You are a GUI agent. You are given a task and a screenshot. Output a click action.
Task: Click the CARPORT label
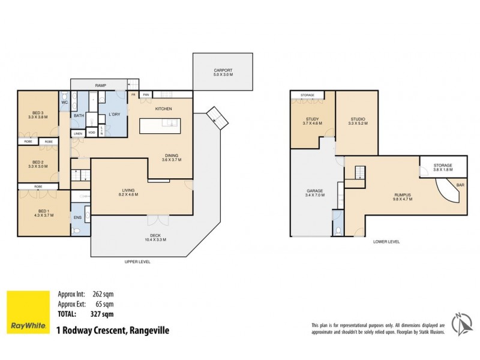(223, 71)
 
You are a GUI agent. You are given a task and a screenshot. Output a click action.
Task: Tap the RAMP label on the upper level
(101, 86)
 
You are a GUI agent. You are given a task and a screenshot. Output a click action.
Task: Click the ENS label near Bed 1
(77, 217)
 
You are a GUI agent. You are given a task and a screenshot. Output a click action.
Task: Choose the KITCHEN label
(164, 109)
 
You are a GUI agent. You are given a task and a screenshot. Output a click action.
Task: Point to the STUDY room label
(312, 119)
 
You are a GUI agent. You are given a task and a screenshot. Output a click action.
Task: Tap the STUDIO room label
(356, 119)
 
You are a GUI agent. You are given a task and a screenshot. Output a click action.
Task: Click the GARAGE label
(314, 192)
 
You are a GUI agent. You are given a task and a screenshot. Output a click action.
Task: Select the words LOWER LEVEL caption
(386, 241)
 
